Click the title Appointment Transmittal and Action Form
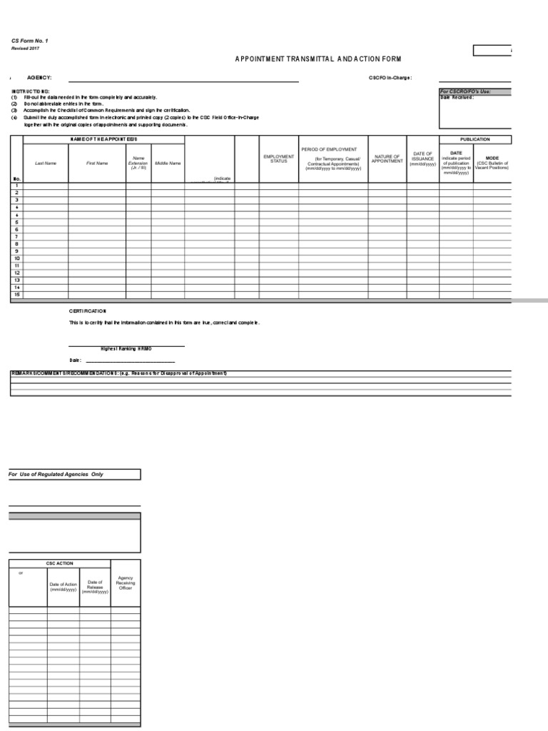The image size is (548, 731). (x=313, y=58)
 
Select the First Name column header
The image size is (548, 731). (x=97, y=163)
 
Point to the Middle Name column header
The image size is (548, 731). (x=168, y=163)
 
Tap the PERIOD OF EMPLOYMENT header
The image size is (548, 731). (x=333, y=150)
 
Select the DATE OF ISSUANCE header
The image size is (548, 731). (x=422, y=158)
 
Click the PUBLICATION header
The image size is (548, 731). (x=475, y=139)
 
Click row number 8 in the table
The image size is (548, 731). (x=16, y=244)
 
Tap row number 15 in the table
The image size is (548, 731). (x=16, y=295)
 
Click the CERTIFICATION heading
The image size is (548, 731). (x=87, y=311)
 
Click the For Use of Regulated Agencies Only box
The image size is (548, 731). (x=74, y=474)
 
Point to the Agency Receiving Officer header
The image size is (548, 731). (x=126, y=583)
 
